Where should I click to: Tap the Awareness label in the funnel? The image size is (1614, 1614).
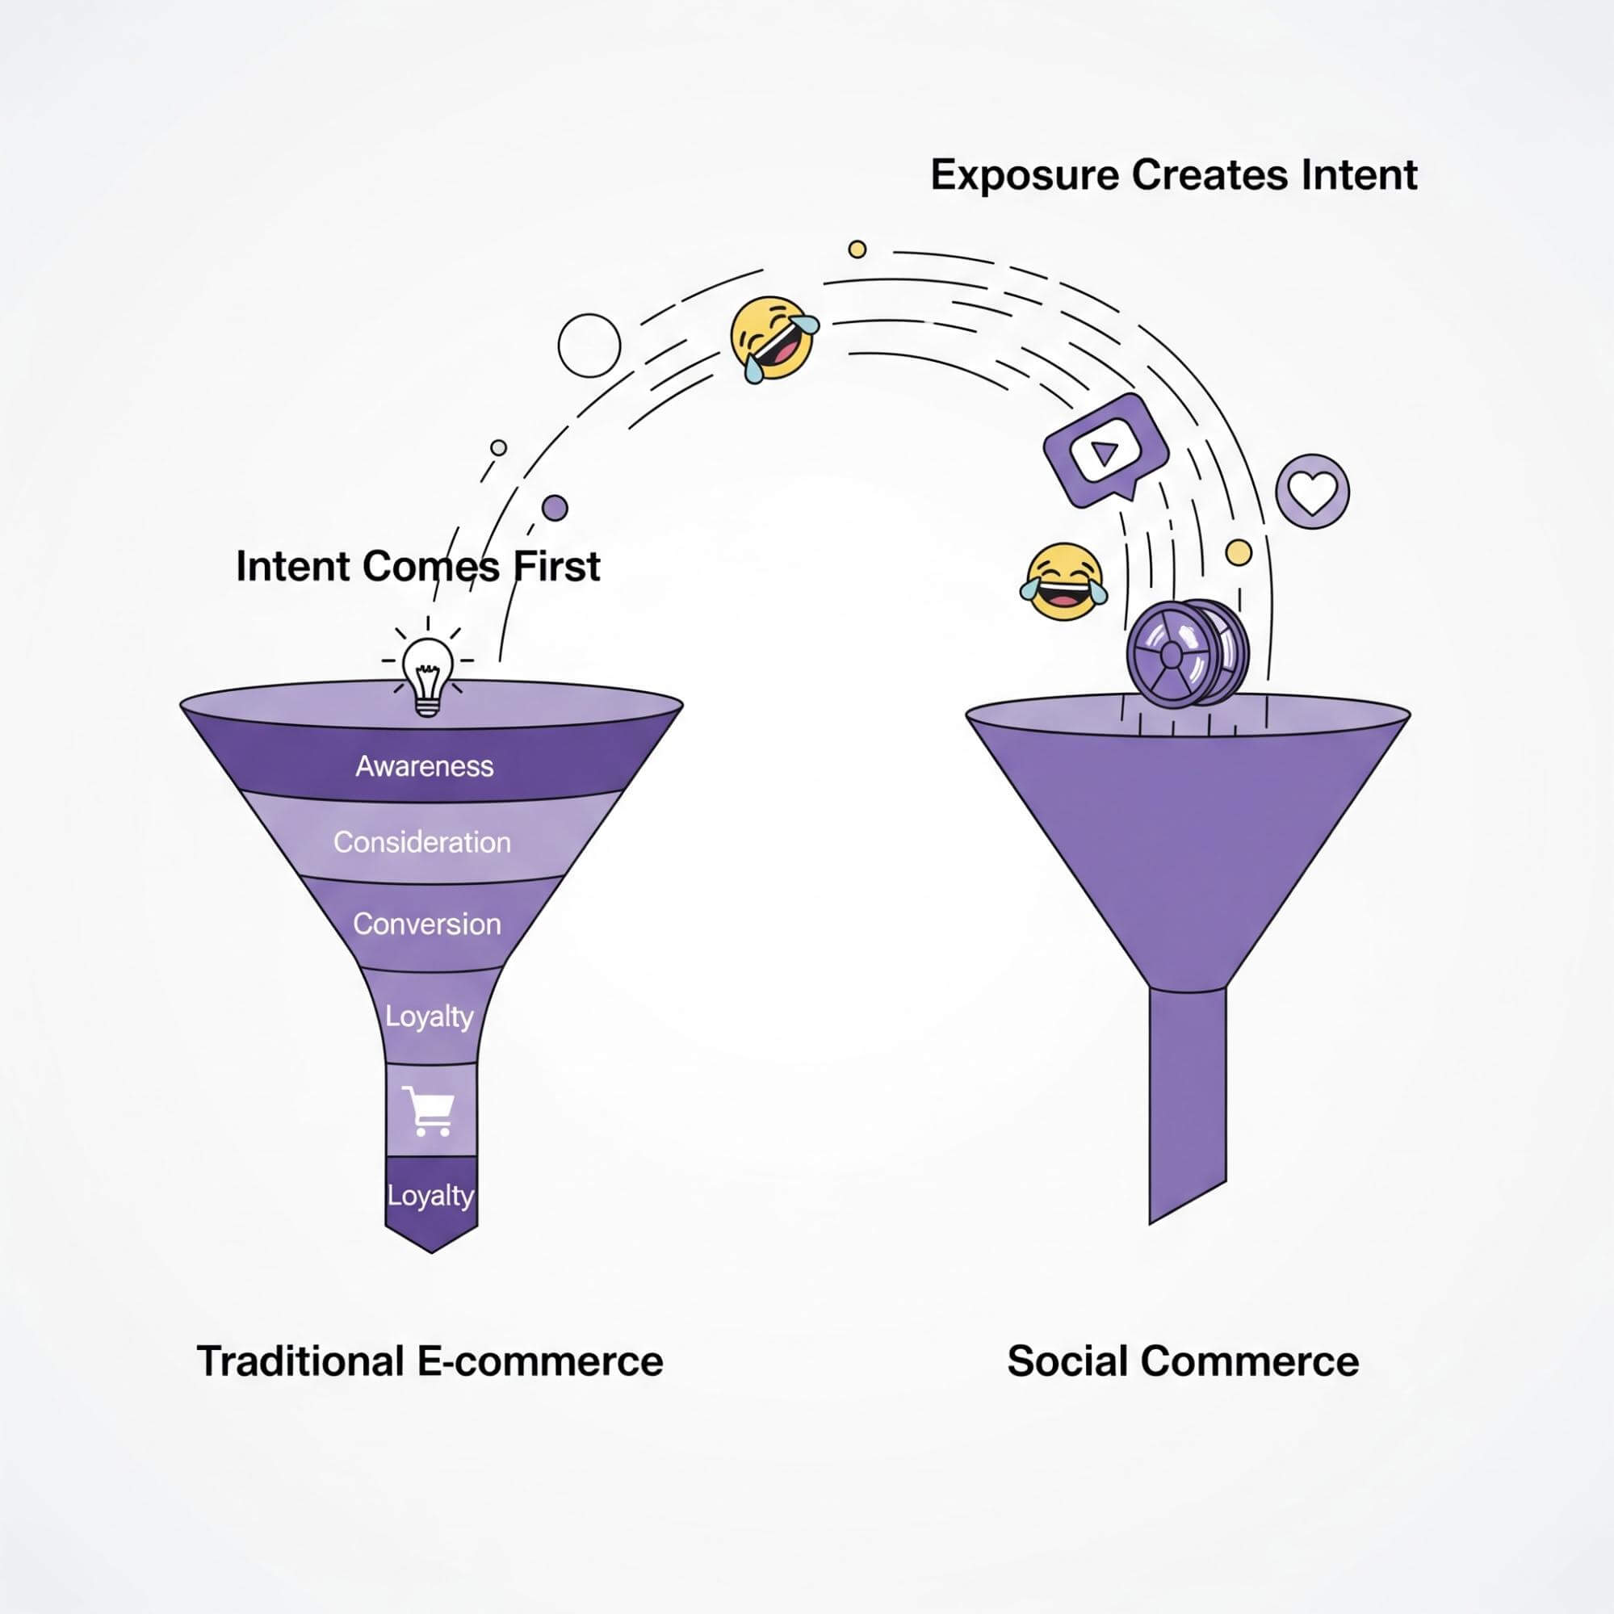pos(425,766)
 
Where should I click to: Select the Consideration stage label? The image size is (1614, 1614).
pos(422,842)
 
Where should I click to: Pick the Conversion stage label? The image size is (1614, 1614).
pos(427,924)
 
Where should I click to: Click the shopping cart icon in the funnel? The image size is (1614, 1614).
pos(429,1111)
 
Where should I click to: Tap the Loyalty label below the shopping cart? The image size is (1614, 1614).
pos(430,1196)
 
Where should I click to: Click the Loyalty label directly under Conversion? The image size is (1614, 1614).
pos(429,1017)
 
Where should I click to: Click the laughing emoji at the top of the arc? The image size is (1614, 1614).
pos(774,340)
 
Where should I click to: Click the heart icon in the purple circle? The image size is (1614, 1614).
pos(1312,491)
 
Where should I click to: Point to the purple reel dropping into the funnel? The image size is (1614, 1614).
pos(1187,652)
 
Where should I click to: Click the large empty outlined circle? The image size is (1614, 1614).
pos(589,346)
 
